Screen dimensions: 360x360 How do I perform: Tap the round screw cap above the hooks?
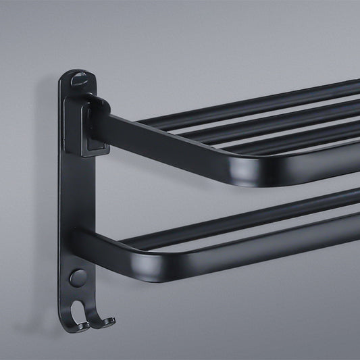(x=78, y=277)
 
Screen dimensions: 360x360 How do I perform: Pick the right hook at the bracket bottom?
(x=101, y=319)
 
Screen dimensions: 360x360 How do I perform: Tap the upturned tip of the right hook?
(x=109, y=315)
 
